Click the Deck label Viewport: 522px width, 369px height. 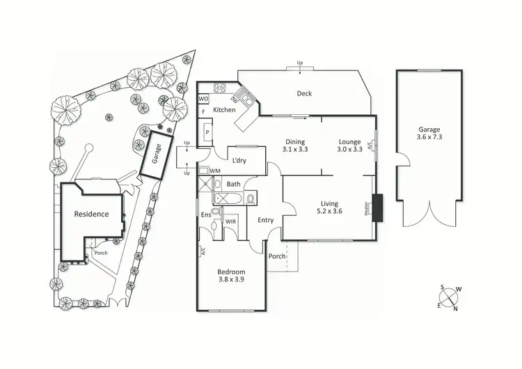pyautogui.click(x=304, y=94)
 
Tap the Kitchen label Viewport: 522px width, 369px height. pyautogui.click(x=224, y=110)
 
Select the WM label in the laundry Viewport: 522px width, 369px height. pyautogui.click(x=215, y=171)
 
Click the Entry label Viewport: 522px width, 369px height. pyautogui.click(x=265, y=220)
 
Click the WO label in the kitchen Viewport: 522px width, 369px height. pyautogui.click(x=205, y=99)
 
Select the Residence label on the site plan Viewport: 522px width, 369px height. pyautogui.click(x=92, y=214)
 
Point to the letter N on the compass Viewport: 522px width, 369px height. pyautogui.click(x=455, y=308)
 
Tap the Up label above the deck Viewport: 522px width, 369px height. pyautogui.click(x=301, y=63)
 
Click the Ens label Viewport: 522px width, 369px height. pyautogui.click(x=205, y=215)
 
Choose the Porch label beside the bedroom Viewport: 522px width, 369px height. pyautogui.click(x=277, y=256)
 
